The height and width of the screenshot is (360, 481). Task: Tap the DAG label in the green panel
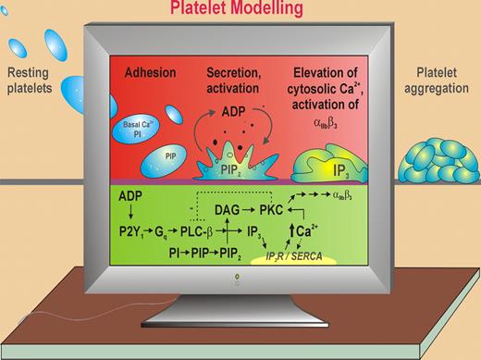click(x=237, y=211)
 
